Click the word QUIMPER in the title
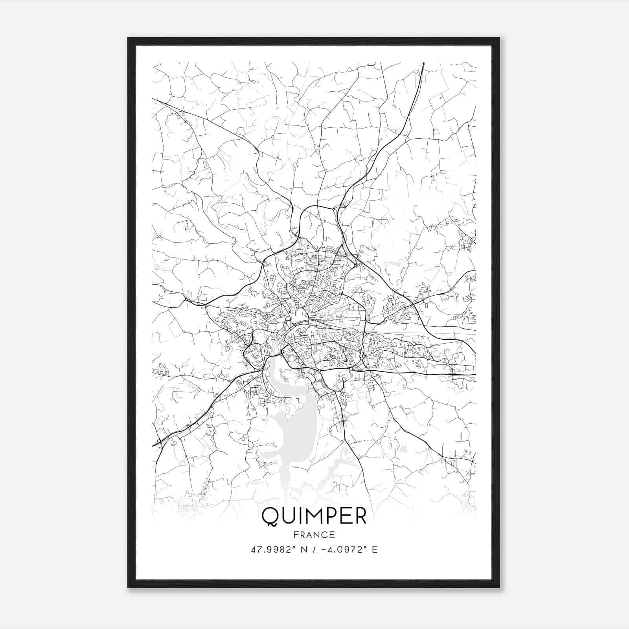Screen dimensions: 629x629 (314, 516)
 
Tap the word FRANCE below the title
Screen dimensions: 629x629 (314, 535)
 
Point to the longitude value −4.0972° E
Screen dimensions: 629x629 (349, 550)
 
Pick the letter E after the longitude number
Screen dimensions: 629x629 (375, 550)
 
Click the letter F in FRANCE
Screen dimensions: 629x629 (296, 535)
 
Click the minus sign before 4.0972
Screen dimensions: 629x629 (324, 550)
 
